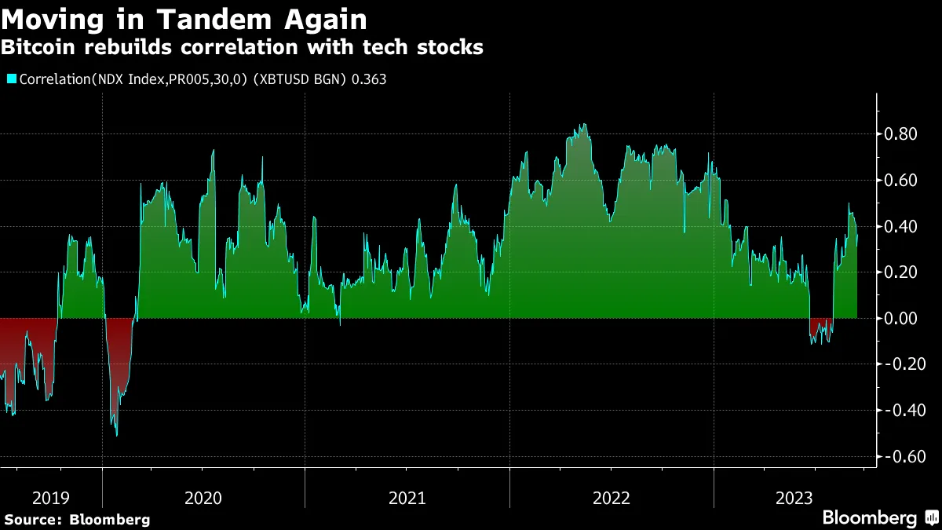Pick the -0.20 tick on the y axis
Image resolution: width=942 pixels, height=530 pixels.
point(903,364)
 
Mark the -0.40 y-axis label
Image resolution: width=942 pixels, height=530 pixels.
point(903,411)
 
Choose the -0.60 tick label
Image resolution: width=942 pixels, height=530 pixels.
point(903,457)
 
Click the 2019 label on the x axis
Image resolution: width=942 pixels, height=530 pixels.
point(50,498)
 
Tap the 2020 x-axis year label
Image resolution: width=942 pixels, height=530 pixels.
point(203,498)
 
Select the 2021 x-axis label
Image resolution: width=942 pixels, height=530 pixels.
point(407,498)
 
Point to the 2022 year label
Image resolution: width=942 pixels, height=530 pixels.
point(612,498)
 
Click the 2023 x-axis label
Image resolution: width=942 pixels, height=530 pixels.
point(794,498)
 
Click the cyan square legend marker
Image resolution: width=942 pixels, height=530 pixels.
point(11,79)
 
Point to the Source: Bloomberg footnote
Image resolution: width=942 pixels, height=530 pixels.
point(77,519)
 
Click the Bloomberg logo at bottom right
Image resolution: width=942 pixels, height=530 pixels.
point(870,518)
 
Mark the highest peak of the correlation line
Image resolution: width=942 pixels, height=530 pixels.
point(582,124)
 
